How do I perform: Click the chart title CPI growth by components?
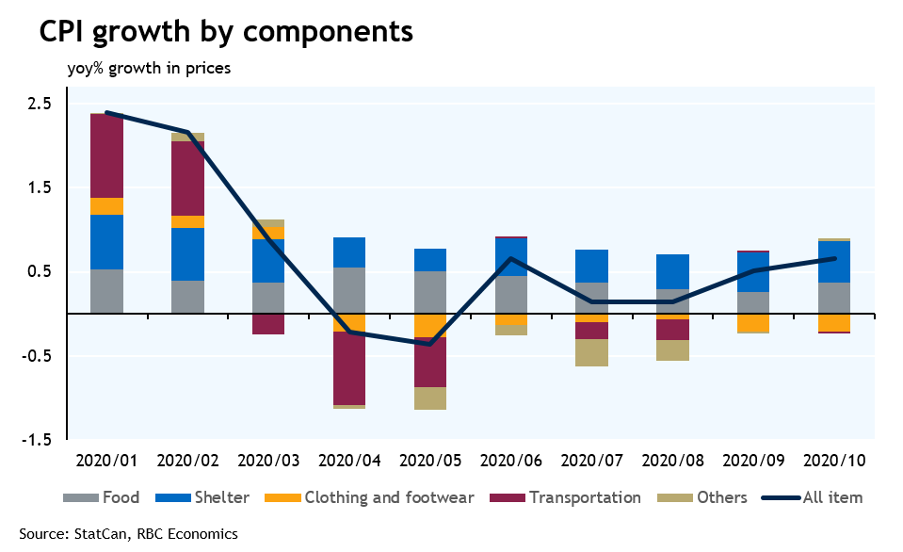coord(226,31)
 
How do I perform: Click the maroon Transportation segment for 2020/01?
coord(106,155)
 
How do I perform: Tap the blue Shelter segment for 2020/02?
coord(187,254)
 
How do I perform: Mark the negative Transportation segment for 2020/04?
coord(349,368)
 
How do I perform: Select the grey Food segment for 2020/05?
coord(430,292)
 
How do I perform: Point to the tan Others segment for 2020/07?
coord(591,352)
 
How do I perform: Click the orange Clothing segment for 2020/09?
coord(753,322)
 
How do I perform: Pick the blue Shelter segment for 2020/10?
coord(834,262)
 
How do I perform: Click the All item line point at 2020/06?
coord(510,258)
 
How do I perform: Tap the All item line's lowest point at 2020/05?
coord(430,344)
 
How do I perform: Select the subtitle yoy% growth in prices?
coord(149,68)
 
